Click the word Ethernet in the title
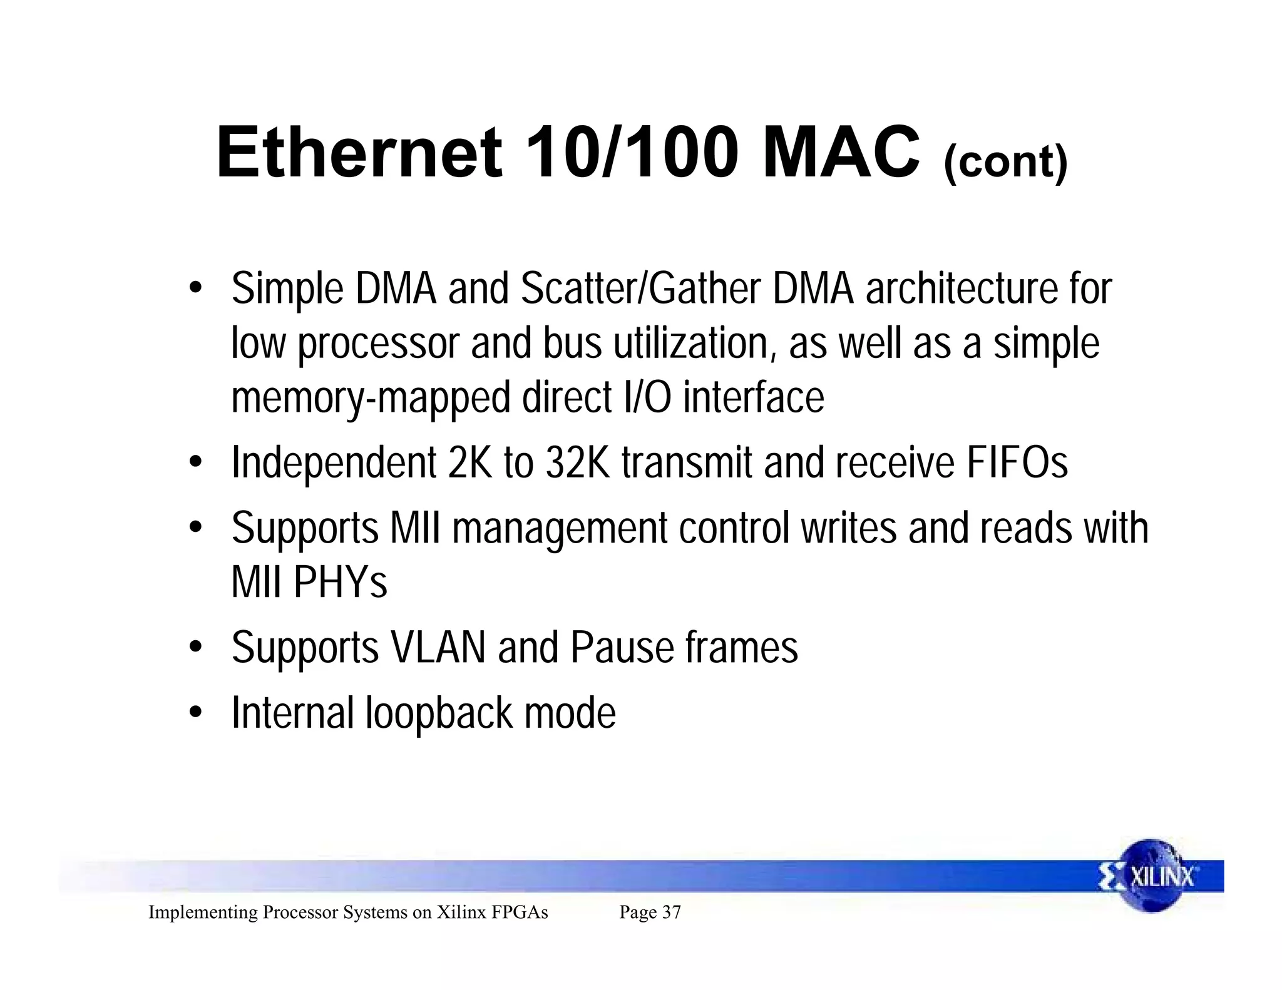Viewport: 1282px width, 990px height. pyautogui.click(x=359, y=153)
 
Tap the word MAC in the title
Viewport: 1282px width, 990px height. pyautogui.click(x=841, y=153)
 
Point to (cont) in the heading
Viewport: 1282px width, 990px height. pyautogui.click(x=1005, y=162)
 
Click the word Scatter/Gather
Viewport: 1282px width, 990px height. pyautogui.click(x=640, y=289)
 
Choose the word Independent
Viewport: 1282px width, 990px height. pyautogui.click(x=334, y=463)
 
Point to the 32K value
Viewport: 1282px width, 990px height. pyautogui.click(x=577, y=463)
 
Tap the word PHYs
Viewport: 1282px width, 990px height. pyautogui.click(x=341, y=583)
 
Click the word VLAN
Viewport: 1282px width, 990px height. pyautogui.click(x=438, y=648)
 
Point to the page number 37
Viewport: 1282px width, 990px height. pyautogui.click(x=671, y=912)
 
